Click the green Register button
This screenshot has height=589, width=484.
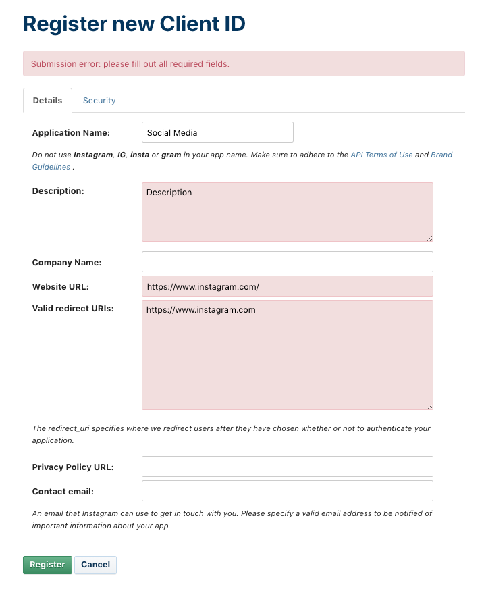pos(47,565)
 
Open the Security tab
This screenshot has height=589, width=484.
pos(99,101)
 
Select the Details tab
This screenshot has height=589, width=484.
pos(47,101)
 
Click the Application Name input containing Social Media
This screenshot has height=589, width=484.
pos(217,132)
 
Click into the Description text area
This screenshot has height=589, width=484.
pos(287,211)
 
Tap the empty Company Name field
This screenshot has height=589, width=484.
pos(287,261)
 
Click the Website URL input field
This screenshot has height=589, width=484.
pos(287,286)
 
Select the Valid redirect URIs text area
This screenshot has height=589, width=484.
pos(287,355)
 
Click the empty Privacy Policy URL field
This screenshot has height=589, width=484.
pos(287,467)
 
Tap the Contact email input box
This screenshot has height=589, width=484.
pos(287,490)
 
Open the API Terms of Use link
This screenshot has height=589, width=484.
pos(381,155)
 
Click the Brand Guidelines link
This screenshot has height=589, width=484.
pos(441,155)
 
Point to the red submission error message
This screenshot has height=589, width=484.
pos(130,64)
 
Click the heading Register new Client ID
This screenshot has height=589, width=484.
pos(134,24)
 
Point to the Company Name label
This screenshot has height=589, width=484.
pos(67,262)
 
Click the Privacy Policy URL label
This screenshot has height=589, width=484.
pos(73,467)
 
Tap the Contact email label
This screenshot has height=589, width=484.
pos(63,491)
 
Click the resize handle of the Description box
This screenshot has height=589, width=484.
pos(429,238)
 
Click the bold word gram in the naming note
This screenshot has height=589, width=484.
pos(171,155)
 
